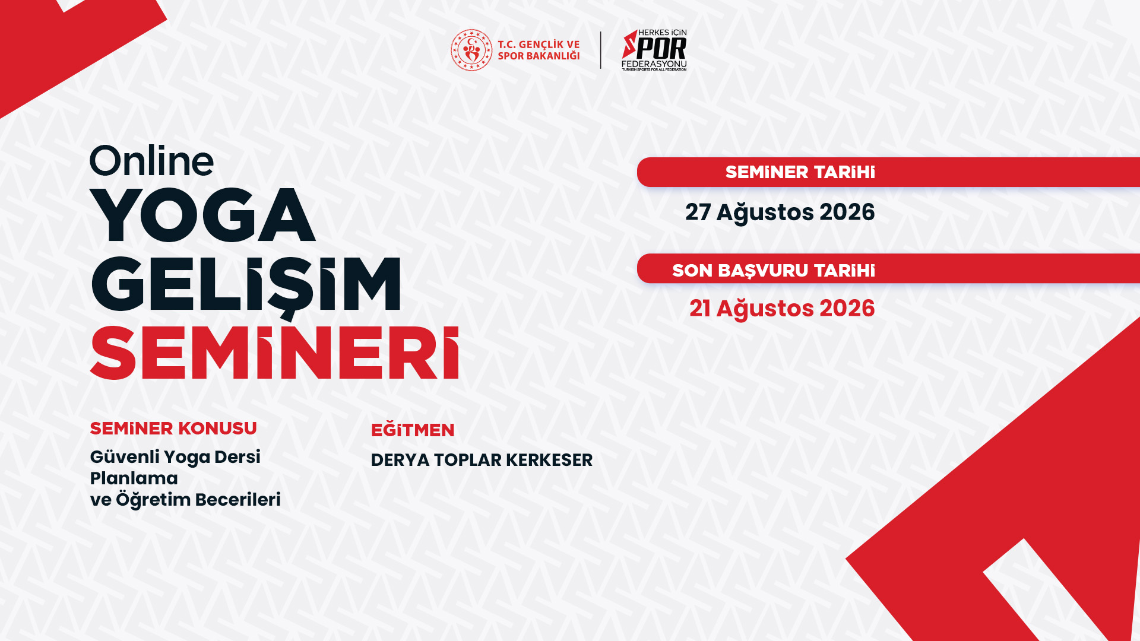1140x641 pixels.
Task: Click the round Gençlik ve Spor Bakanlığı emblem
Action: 471,50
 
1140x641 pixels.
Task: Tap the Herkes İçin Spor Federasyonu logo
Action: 654,50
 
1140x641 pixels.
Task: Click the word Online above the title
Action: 151,161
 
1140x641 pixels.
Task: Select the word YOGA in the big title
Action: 202,215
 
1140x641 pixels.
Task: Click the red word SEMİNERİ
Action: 274,353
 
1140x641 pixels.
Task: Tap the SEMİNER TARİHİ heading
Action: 800,172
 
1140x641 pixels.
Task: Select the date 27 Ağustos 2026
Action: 780,212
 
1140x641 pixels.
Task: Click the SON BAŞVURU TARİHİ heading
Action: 773,271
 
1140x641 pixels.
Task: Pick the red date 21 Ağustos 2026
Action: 781,309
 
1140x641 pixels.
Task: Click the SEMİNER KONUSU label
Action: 173,429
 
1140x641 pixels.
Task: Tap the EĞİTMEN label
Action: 413,430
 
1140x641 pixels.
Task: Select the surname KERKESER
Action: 549,460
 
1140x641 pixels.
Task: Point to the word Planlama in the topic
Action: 134,478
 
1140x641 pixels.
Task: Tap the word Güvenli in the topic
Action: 125,457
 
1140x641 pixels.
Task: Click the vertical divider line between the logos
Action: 601,50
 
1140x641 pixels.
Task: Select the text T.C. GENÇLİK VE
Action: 539,45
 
